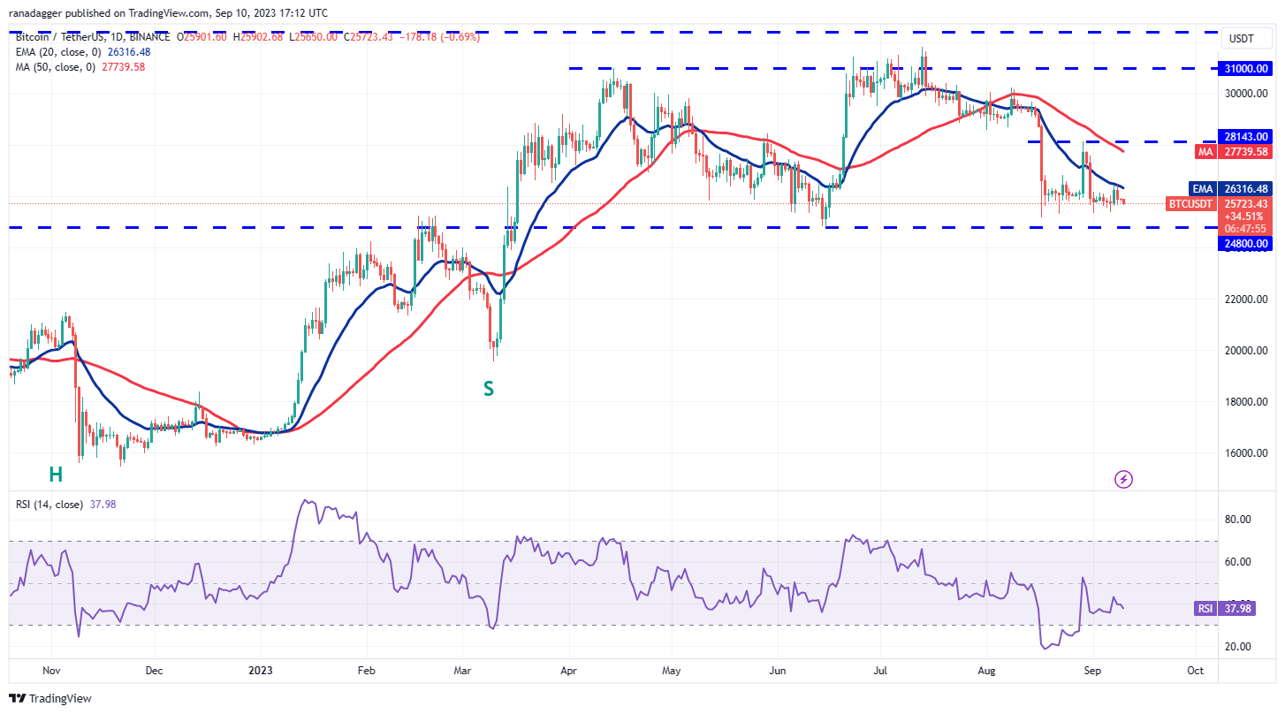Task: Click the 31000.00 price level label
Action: (1246, 68)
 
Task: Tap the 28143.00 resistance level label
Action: (1246, 137)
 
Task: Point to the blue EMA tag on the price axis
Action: (1203, 188)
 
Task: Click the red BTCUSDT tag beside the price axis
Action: (1191, 204)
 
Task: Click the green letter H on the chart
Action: (56, 475)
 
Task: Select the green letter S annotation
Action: (488, 387)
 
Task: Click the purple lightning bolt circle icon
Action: (1123, 480)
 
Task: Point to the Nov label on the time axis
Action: (50, 671)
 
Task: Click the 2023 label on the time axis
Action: (261, 671)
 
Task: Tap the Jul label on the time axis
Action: (880, 671)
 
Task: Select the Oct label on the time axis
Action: (1195, 671)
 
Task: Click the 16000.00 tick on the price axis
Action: (1246, 453)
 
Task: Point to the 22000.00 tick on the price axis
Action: (1246, 300)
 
